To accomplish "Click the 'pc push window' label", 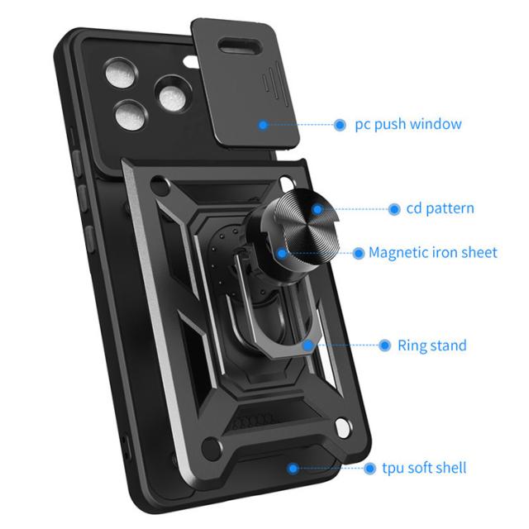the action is (x=408, y=125).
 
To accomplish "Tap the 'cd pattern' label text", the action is (x=441, y=208).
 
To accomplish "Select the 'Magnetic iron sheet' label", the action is (x=433, y=252).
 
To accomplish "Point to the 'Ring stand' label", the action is (x=432, y=346).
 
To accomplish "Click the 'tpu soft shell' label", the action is (x=424, y=468).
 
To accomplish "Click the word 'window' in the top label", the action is (x=436, y=124).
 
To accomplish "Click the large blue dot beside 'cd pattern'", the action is (x=394, y=209).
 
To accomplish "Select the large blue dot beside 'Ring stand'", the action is (x=384, y=346).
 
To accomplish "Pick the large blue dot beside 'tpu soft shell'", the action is (x=369, y=469).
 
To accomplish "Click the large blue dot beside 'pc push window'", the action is (x=340, y=125).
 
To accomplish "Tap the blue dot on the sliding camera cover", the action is (x=263, y=125).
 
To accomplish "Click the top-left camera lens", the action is (x=121, y=73).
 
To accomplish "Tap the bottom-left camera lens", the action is (x=130, y=116).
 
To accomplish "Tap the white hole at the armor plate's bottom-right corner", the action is (x=342, y=428).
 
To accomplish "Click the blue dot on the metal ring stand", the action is (x=307, y=346).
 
